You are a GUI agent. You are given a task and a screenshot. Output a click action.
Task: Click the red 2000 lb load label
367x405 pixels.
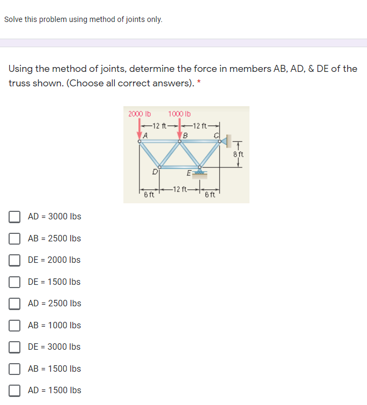[140, 114]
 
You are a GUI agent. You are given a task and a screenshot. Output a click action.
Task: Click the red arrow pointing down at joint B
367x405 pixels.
[179, 130]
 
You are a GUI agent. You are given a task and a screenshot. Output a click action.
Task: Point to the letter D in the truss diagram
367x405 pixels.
[155, 172]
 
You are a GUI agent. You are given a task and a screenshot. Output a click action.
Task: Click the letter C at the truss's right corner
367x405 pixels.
[216, 135]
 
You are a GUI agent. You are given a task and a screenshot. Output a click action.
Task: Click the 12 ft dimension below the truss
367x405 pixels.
[179, 189]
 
